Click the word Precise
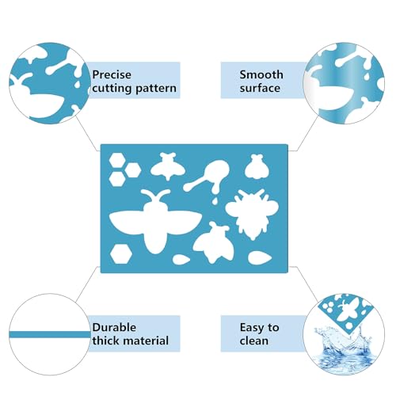[112, 74]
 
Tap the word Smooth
[261, 74]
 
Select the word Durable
[114, 327]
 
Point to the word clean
[254, 341]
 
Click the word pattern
[155, 89]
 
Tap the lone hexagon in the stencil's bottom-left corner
[121, 253]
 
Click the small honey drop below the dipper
[215, 201]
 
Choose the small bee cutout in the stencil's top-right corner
[257, 166]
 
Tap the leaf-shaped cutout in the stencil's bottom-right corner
[260, 257]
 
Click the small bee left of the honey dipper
[167, 166]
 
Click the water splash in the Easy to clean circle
[342, 348]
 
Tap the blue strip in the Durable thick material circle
[50, 334]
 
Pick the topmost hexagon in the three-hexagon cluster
[117, 160]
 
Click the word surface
[260, 88]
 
